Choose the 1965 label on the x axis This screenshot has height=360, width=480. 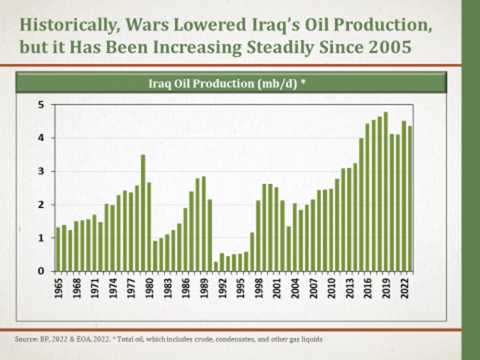(x=58, y=285)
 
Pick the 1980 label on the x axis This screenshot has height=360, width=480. (x=149, y=285)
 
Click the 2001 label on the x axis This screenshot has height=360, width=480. (x=276, y=285)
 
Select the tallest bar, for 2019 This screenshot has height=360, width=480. (x=385, y=192)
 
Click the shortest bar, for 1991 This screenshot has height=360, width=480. (x=216, y=266)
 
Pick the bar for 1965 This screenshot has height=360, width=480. (x=58, y=249)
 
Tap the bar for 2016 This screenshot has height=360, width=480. (x=367, y=198)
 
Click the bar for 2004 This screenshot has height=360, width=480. (x=294, y=237)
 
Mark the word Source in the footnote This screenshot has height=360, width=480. (x=24, y=339)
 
